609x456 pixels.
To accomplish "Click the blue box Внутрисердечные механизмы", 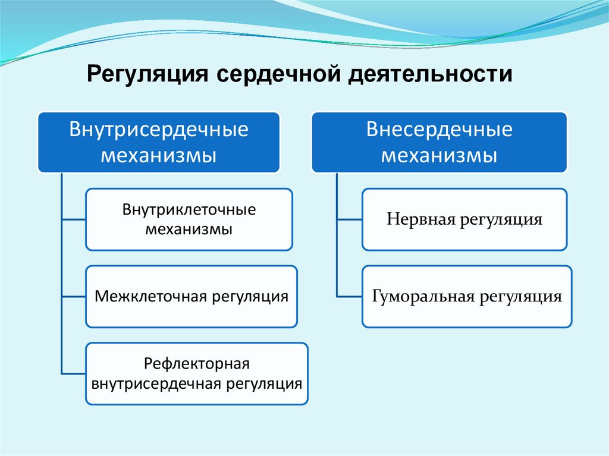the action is pos(159,143).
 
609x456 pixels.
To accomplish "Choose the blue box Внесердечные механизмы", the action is pos(440,143).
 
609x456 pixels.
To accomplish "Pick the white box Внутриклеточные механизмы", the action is pos(189,219).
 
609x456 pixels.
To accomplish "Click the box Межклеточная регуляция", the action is pos(192,296).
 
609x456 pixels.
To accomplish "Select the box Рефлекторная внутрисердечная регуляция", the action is pos(197,373).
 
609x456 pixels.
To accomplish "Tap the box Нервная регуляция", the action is pos(464,219).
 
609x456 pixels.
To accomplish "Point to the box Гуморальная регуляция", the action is pos(467,296).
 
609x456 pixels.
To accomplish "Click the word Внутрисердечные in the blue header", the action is pos(159,130).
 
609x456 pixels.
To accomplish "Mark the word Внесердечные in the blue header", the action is pos(440,130).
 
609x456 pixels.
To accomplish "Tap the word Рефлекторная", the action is pos(196,363).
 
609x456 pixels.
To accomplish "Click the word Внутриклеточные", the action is pos(189,210).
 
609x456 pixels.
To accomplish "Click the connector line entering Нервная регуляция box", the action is pos(349,219).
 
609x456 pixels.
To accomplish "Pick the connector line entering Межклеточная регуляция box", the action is pos(73,296).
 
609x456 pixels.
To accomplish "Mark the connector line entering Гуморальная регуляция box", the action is pos(349,296).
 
